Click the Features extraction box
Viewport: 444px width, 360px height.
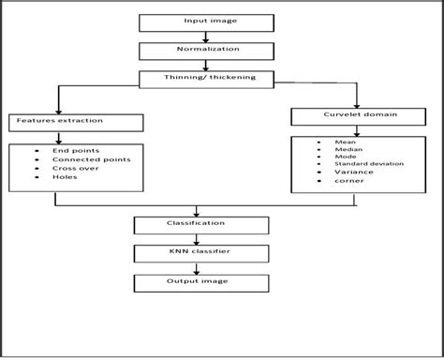pos(76,122)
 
